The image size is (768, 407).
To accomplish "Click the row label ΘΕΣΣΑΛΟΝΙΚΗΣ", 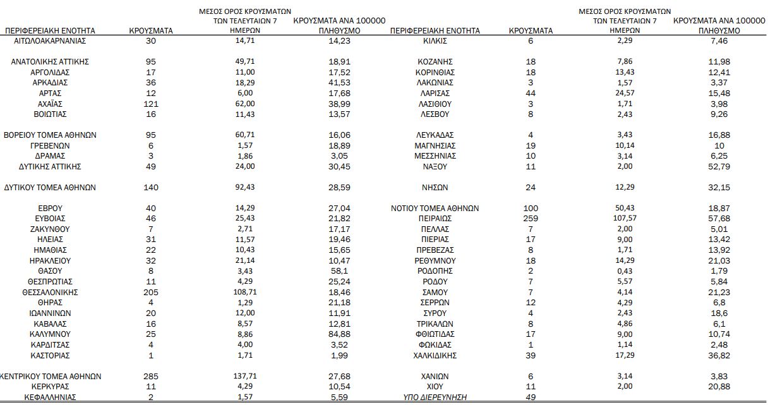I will (x=49, y=293).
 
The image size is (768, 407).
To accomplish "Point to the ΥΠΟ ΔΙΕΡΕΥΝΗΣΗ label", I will (x=435, y=397).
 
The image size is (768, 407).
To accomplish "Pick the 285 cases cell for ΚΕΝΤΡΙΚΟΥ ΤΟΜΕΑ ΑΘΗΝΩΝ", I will (x=151, y=377).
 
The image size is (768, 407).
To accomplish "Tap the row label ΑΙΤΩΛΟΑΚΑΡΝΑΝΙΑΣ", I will (x=49, y=41).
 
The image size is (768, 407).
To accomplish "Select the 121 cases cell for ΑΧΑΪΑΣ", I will (x=151, y=104).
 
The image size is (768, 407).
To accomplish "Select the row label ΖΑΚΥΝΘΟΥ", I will (x=49, y=229).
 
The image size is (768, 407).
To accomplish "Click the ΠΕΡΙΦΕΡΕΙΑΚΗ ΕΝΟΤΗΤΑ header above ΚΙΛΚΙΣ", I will (x=435, y=30).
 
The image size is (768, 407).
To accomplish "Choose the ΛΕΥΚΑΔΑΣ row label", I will (x=435, y=135).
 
